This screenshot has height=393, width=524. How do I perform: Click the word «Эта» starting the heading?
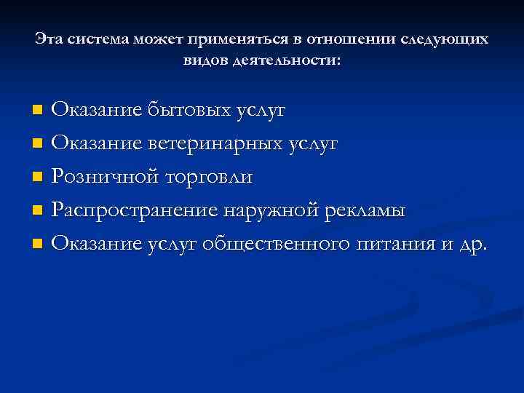(x=48, y=39)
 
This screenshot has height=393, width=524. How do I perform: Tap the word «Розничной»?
(x=105, y=177)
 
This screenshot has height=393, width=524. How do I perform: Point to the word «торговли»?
(x=209, y=177)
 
